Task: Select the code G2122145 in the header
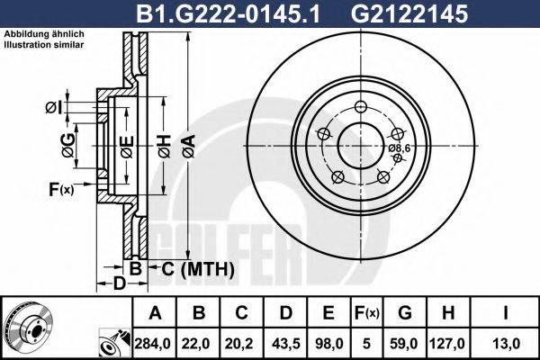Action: click(x=418, y=13)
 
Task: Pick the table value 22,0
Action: click(x=198, y=342)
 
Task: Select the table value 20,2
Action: click(x=241, y=342)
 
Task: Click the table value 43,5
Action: click(x=284, y=342)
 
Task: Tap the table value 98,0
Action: click(x=328, y=342)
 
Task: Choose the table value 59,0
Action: click(x=405, y=342)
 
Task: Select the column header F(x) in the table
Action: click(x=367, y=313)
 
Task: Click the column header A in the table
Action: click(x=154, y=313)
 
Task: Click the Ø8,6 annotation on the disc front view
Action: click(x=399, y=148)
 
